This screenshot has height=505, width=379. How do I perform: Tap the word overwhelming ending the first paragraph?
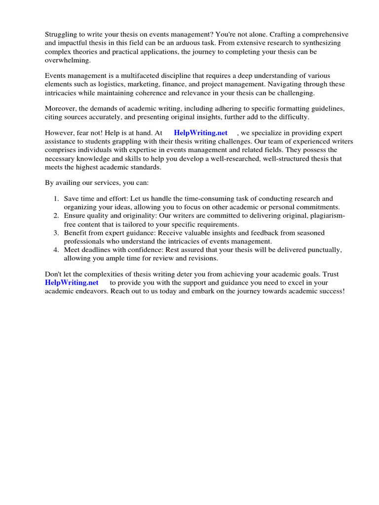[68, 60]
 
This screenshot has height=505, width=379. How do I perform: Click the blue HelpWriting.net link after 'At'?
[200, 133]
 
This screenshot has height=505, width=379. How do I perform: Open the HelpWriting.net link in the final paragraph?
[72, 283]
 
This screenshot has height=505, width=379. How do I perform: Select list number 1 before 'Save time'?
[56, 199]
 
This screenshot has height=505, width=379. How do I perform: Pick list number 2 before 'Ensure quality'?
[56, 216]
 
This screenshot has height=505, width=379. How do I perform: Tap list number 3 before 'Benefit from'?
[56, 233]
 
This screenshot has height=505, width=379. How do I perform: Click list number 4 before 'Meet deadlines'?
[56, 250]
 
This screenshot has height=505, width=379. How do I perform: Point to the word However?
[60, 133]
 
